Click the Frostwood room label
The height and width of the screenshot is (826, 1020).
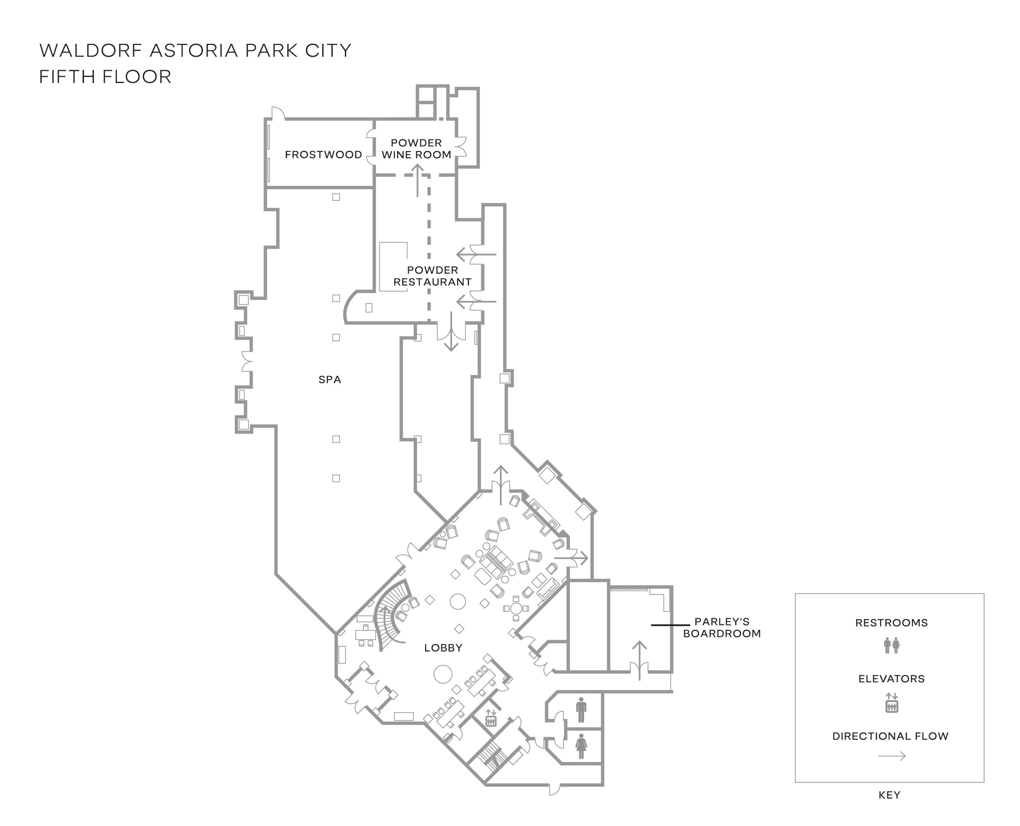[x=323, y=155]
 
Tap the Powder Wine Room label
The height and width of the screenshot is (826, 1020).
[x=416, y=149]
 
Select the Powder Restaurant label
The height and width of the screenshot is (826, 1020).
[x=432, y=276]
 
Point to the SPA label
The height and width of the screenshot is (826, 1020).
[x=329, y=380]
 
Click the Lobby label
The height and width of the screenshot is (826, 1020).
[x=443, y=647]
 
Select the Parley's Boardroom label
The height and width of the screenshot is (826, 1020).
[x=722, y=628]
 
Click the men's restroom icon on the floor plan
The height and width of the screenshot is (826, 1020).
[x=581, y=710]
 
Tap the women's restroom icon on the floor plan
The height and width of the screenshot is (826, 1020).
[x=581, y=747]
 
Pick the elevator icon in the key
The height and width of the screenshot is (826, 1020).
[x=892, y=703]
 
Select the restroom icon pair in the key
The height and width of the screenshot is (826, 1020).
[x=892, y=646]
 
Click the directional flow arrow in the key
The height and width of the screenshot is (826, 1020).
[x=892, y=756]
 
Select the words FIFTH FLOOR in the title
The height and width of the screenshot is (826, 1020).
[x=105, y=77]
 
